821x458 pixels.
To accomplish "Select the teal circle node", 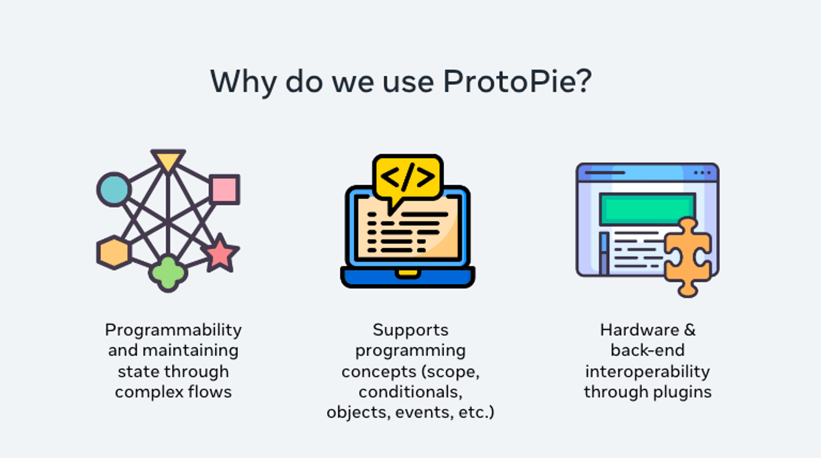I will tap(114, 189).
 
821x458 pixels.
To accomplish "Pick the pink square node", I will tap(224, 189).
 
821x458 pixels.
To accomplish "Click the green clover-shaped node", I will tap(167, 273).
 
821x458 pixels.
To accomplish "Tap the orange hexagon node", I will tap(114, 253).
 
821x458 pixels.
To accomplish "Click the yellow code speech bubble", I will tap(408, 177).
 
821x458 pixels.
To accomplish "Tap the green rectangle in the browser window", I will tap(647, 208).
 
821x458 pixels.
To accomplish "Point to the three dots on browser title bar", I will tap(702, 173).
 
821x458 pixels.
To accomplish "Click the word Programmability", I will tap(173, 330).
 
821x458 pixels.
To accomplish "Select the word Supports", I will tap(410, 330).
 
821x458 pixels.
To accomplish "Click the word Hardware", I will tap(639, 330).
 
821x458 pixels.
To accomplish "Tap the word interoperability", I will tap(647, 371).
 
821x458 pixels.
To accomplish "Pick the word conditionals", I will tap(410, 392).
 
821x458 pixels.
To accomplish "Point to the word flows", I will tap(210, 392).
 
